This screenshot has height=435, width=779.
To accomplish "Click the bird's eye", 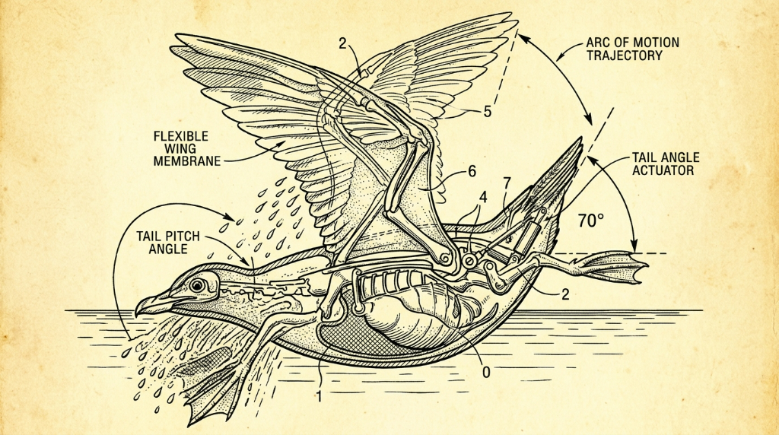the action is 198,285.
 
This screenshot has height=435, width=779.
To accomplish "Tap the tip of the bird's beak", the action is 136,314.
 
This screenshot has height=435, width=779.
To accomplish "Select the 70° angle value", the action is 591,220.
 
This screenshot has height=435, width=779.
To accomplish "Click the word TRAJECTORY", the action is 624,55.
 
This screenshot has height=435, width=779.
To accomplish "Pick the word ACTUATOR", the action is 663,170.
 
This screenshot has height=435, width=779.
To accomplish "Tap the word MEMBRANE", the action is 187,161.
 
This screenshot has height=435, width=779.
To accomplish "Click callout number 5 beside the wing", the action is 488,112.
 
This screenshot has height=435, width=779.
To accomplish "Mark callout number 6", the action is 472,172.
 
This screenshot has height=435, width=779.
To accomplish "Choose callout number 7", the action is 506,183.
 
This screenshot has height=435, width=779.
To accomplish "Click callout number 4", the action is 482,197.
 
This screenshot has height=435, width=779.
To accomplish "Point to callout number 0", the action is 486,371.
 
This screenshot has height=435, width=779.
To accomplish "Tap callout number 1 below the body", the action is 320,396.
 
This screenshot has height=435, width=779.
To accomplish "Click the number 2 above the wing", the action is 343,43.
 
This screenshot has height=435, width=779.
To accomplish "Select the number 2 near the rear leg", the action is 565,294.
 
